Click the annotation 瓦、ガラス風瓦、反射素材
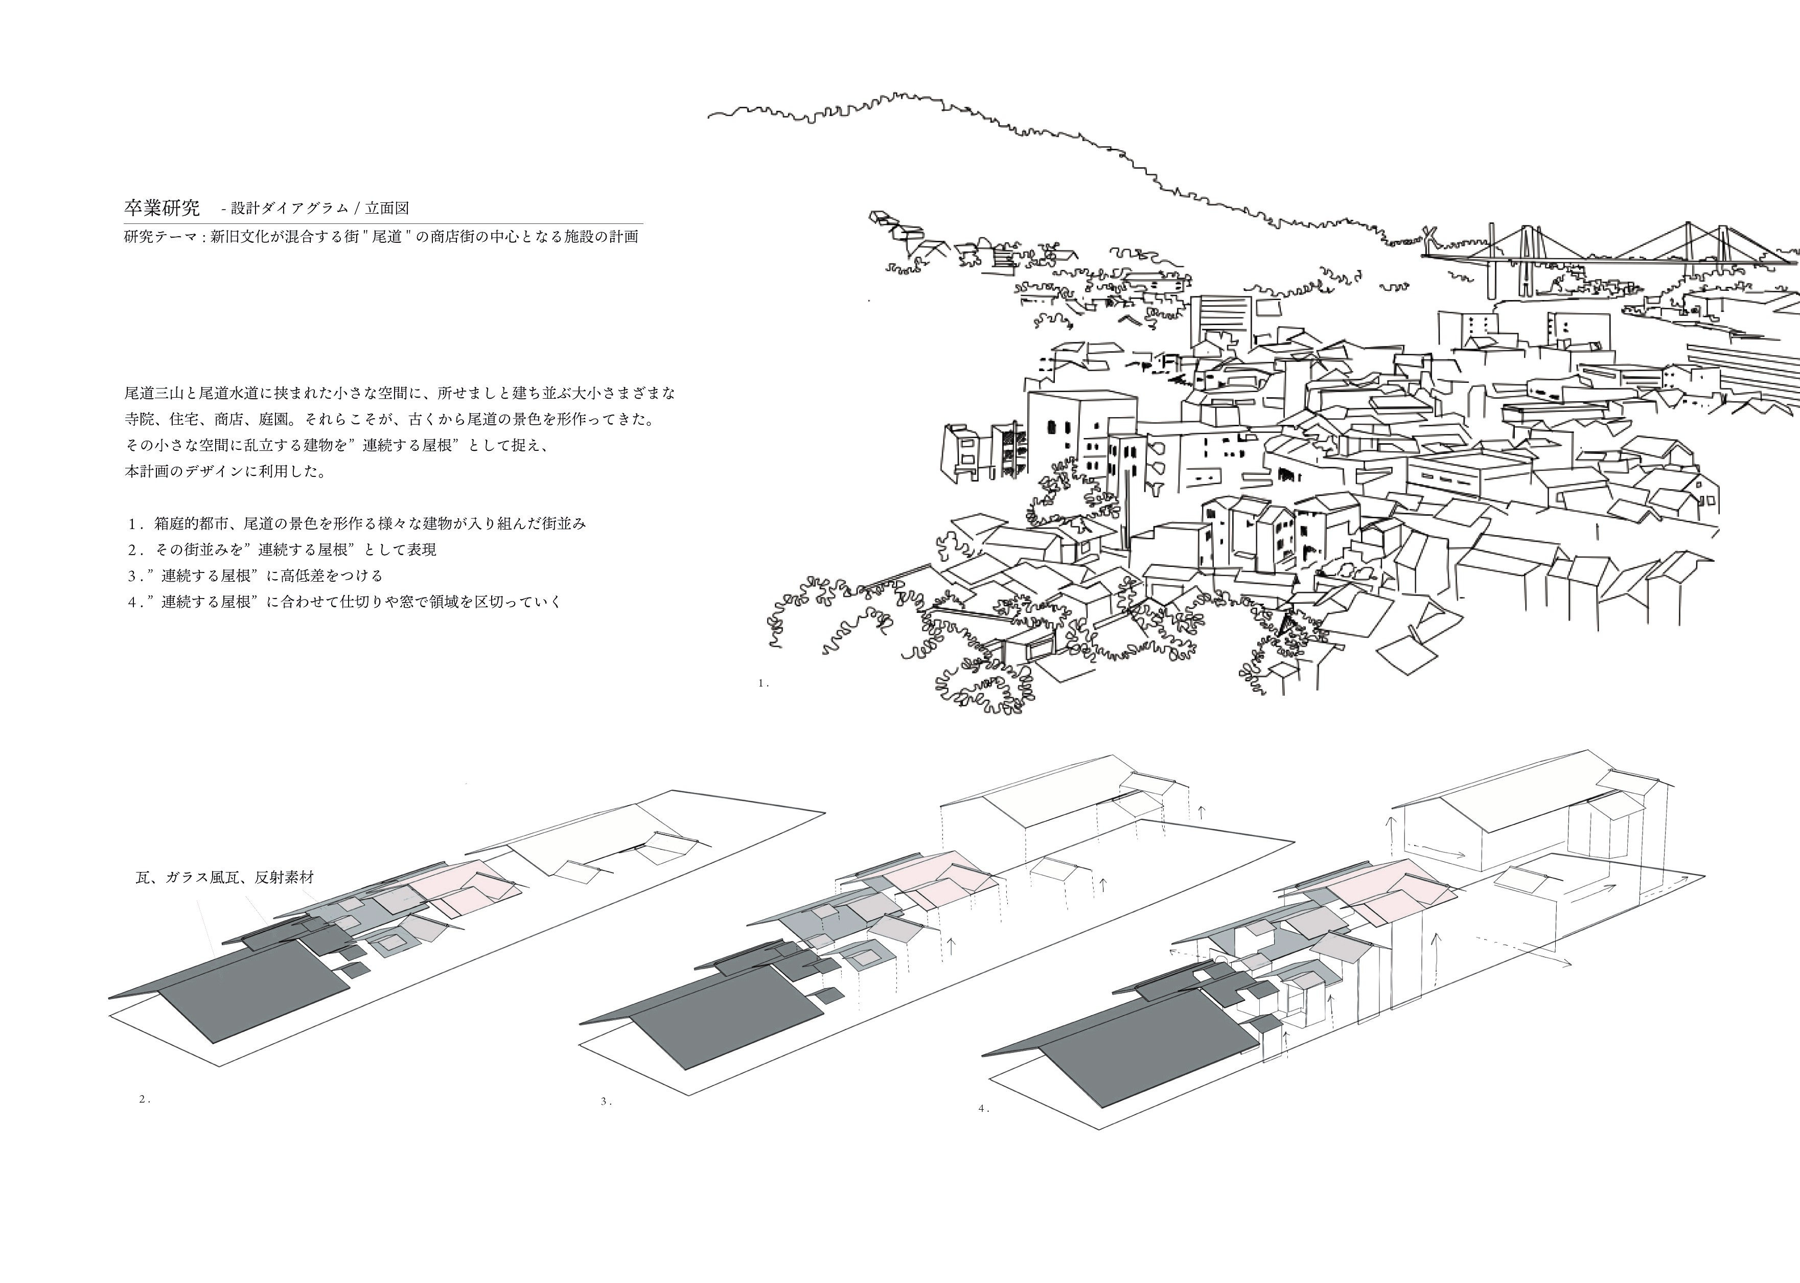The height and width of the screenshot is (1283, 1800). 225,877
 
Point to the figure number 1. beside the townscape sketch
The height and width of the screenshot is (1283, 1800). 763,683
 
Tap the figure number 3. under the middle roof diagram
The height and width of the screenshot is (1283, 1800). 606,1102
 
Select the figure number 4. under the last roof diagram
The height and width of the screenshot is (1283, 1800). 983,1108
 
